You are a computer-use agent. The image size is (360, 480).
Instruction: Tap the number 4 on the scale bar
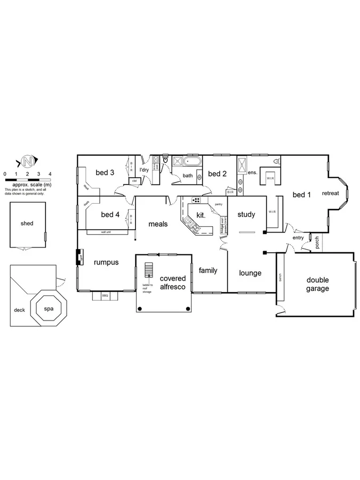(50, 174)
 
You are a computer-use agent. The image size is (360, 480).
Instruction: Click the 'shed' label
(27, 223)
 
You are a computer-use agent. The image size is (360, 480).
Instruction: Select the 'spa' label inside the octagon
(49, 308)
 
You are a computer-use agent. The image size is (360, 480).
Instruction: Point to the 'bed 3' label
(105, 172)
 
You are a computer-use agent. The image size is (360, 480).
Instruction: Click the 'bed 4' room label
(110, 214)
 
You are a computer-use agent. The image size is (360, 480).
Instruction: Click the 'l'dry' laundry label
(143, 170)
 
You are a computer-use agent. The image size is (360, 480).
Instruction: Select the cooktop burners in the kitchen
(196, 201)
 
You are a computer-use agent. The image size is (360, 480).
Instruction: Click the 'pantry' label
(218, 204)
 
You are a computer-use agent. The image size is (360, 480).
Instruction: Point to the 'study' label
(246, 214)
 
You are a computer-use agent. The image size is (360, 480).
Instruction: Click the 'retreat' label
(330, 193)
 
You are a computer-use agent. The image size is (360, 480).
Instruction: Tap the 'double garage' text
(317, 284)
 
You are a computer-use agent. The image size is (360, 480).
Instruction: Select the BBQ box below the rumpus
(105, 295)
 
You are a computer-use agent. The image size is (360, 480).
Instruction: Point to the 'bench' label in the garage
(279, 278)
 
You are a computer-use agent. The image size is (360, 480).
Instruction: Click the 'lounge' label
(250, 273)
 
